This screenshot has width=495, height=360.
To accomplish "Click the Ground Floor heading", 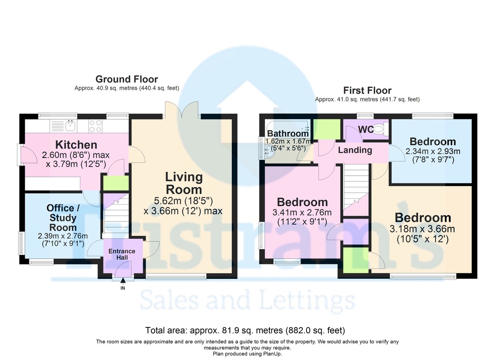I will (127, 79).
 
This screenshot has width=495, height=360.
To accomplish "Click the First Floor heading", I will (367, 90).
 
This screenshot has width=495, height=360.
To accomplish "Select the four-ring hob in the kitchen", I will (95, 125).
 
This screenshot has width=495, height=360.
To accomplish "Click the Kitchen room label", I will (76, 145).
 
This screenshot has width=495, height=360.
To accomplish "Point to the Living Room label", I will (184, 184).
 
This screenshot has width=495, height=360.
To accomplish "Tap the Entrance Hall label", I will (122, 254).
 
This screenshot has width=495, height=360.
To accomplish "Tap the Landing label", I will (355, 150).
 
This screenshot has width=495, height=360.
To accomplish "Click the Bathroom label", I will (288, 133).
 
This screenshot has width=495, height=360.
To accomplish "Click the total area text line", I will (245, 330).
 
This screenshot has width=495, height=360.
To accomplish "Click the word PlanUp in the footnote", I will (271, 354).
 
